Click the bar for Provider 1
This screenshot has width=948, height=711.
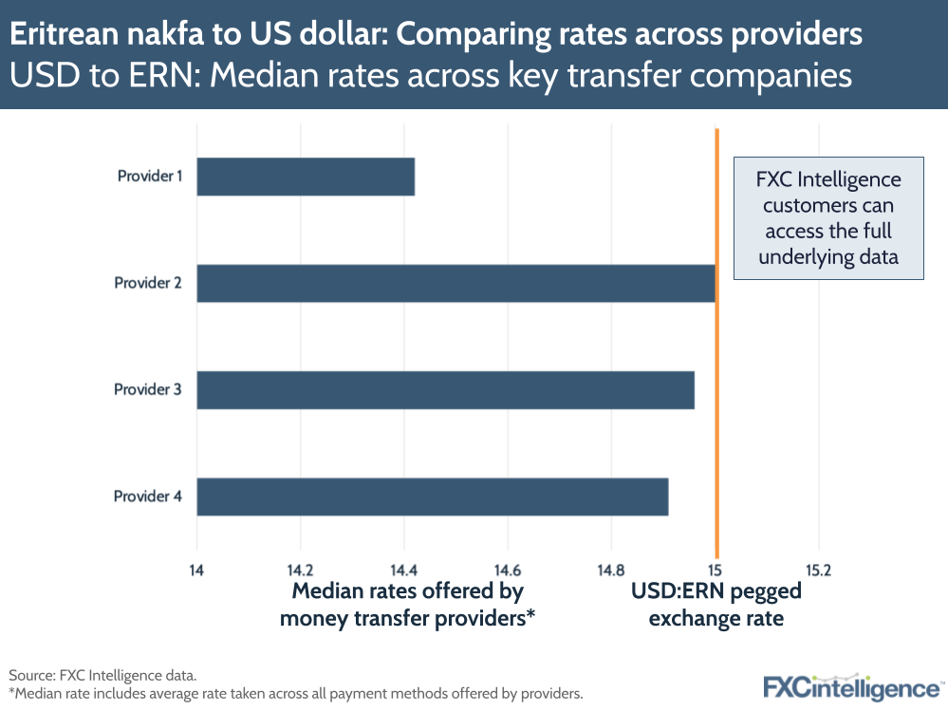(306, 177)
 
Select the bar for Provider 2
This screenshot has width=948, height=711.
(455, 283)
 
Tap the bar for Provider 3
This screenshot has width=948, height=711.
(445, 390)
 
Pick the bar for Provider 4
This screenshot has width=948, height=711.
(432, 496)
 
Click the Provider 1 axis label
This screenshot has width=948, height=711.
(149, 176)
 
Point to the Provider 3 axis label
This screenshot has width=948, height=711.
(147, 389)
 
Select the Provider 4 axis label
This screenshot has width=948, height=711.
(147, 496)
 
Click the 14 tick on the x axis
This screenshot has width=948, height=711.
(196, 571)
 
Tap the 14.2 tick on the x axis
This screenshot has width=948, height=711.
(300, 571)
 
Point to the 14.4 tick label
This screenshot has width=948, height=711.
(403, 571)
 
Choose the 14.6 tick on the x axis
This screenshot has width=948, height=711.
(507, 571)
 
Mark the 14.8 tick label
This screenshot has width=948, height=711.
(610, 571)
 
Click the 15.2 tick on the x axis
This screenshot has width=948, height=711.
(817, 571)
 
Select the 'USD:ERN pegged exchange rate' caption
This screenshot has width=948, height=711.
(716, 605)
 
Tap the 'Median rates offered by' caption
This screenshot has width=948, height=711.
(407, 591)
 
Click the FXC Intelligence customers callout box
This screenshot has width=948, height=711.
(828, 218)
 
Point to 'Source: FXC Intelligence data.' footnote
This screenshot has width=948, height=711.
(102, 675)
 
